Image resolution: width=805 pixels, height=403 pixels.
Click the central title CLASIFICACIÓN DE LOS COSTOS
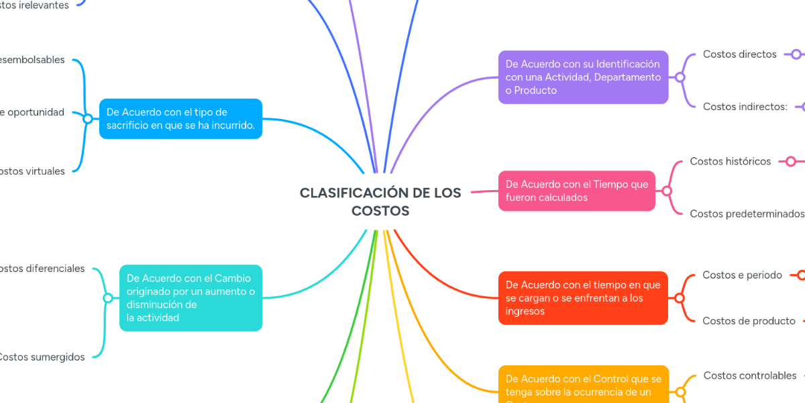pyautogui.click(x=380, y=201)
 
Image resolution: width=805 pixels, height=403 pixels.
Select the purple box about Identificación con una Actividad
pyautogui.click(x=583, y=77)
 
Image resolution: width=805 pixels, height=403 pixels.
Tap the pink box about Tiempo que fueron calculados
pyautogui.click(x=577, y=191)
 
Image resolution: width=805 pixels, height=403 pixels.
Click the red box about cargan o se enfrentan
pyautogui.click(x=583, y=298)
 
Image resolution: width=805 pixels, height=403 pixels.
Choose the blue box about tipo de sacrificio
pyautogui.click(x=180, y=119)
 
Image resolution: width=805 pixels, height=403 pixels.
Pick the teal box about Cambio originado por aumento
pyautogui.click(x=191, y=298)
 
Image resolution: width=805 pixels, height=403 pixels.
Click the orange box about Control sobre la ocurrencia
pyautogui.click(x=583, y=386)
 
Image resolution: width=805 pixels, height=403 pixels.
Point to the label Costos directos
pyautogui.click(x=739, y=54)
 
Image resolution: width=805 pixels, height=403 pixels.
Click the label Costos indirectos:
pyautogui.click(x=745, y=107)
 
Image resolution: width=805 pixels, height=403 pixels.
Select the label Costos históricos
pyautogui.click(x=730, y=161)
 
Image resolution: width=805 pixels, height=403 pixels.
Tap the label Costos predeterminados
pyautogui.click(x=747, y=214)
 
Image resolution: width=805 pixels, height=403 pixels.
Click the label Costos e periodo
pyautogui.click(x=742, y=275)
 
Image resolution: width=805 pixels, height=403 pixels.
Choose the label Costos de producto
pyautogui.click(x=749, y=321)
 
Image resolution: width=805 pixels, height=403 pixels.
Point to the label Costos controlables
pyautogui.click(x=749, y=375)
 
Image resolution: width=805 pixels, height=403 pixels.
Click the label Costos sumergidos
pyautogui.click(x=41, y=357)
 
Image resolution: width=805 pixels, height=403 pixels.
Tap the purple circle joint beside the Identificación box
pyautogui.click(x=680, y=77)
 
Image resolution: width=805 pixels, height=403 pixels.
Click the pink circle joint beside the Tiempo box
pyautogui.click(x=667, y=191)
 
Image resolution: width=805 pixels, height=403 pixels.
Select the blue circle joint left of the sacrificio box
pyautogui.click(x=87, y=119)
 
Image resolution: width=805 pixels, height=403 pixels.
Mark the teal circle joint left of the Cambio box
pyautogui.click(x=107, y=298)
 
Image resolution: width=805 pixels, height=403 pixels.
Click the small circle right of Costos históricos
pyautogui.click(x=791, y=161)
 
